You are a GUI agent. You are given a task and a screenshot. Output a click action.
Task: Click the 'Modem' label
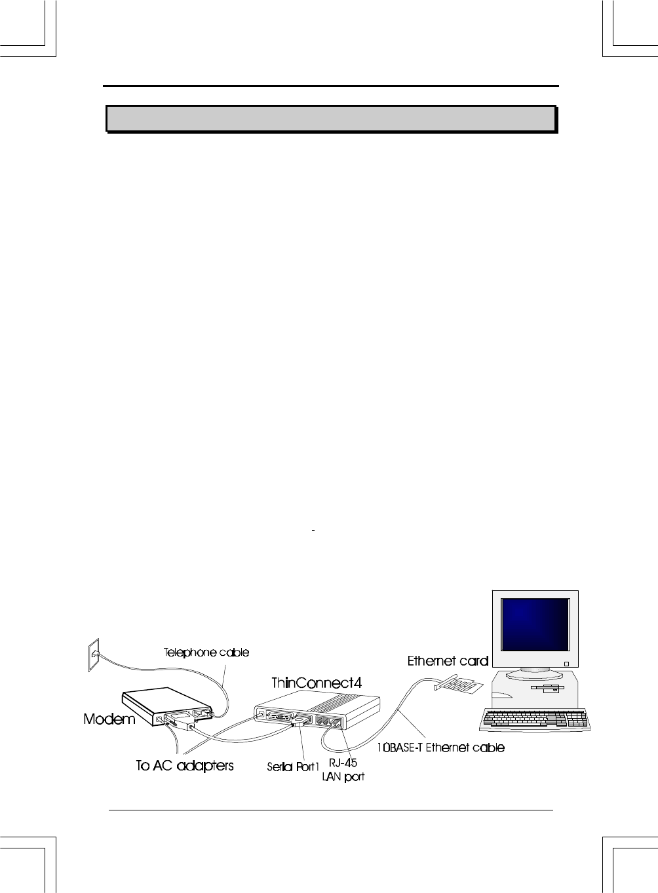(109, 719)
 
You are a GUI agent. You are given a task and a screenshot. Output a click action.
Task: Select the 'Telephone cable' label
(206, 652)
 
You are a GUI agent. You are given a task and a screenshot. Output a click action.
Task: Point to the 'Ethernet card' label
(448, 660)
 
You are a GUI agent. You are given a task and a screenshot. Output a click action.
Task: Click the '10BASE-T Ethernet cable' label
(440, 746)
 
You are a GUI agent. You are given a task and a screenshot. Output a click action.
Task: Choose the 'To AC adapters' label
(185, 765)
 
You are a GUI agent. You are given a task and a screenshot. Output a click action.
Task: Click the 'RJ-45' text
(343, 763)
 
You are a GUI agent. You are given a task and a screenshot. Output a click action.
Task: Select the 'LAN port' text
(343, 776)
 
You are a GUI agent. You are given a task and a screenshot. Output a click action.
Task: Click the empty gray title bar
(331, 119)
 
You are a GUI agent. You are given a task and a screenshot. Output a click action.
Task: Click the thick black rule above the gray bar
(331, 86)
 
